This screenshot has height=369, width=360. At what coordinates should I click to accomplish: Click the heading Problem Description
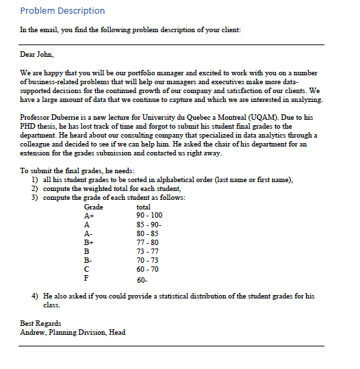(x=62, y=11)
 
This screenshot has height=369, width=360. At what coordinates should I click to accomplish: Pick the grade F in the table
(x=86, y=278)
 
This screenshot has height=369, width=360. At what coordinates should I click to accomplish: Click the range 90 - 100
(x=150, y=216)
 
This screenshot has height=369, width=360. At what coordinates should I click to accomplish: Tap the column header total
(x=144, y=207)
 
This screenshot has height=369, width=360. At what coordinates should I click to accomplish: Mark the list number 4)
(x=34, y=296)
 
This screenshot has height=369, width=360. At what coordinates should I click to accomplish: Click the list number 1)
(x=34, y=179)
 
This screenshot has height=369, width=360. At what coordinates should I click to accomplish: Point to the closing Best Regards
(x=40, y=323)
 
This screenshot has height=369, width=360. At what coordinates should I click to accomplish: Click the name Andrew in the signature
(x=34, y=332)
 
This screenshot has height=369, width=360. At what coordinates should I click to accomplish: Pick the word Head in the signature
(x=116, y=332)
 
